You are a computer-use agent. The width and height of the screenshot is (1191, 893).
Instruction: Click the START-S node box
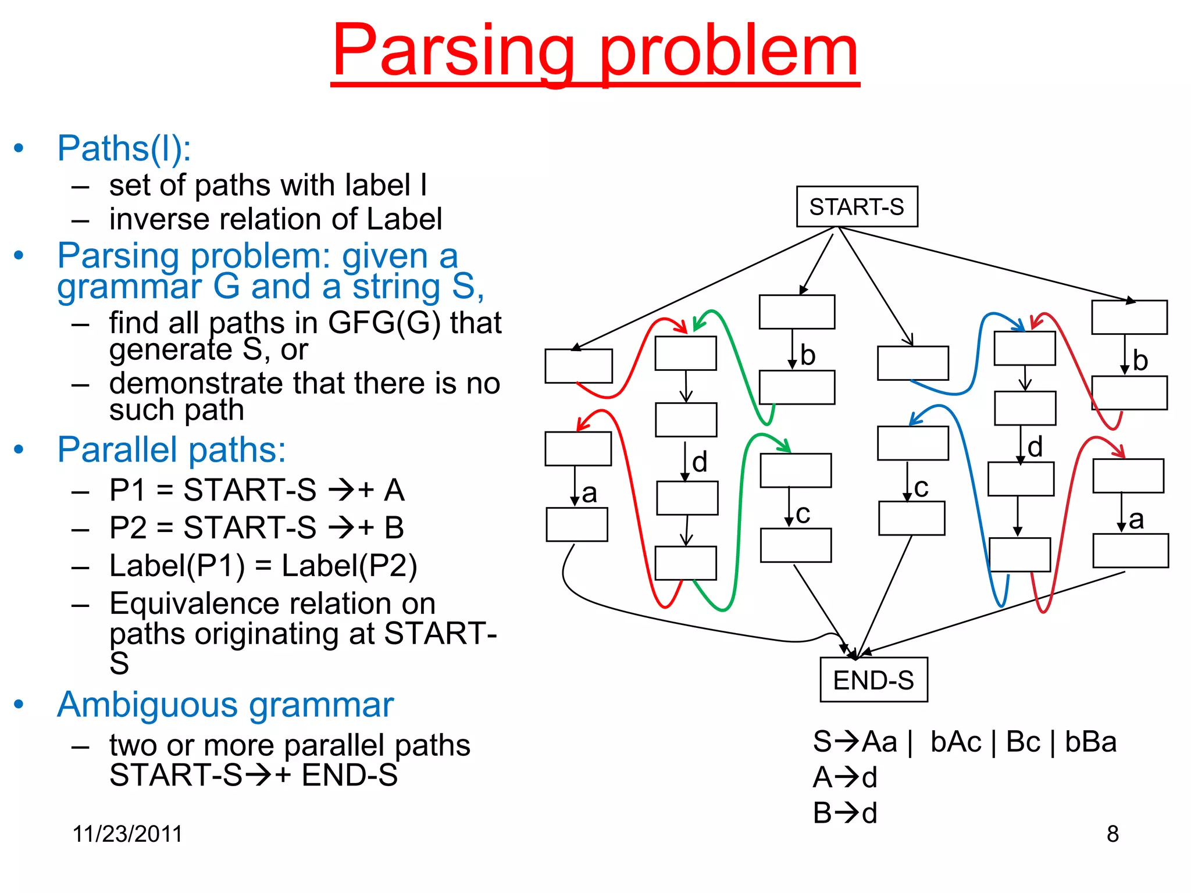click(857, 206)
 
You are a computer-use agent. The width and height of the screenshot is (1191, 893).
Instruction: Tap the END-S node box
click(873, 680)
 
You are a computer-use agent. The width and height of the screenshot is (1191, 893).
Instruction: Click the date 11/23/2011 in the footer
click(127, 834)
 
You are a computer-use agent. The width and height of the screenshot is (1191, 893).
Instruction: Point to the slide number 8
click(1112, 834)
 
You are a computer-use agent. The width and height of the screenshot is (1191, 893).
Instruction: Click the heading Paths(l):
click(124, 148)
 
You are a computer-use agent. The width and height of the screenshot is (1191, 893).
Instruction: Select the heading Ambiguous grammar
click(225, 705)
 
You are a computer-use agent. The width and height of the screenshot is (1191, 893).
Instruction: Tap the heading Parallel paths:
click(172, 449)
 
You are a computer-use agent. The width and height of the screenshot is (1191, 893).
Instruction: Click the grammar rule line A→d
click(845, 777)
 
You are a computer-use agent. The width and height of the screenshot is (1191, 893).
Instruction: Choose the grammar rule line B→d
click(845, 813)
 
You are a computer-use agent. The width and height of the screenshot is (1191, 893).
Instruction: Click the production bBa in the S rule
click(1090, 742)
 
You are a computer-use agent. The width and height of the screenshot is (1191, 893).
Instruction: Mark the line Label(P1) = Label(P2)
click(263, 566)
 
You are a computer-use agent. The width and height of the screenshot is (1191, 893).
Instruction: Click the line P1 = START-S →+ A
click(256, 490)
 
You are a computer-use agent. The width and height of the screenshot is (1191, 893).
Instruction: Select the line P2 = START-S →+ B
click(256, 528)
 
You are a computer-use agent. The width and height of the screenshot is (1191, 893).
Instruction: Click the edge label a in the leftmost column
click(590, 494)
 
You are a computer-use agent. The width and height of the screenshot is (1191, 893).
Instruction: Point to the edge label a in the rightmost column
click(1136, 519)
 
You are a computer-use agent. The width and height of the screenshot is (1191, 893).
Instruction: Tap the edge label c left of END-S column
click(803, 513)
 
